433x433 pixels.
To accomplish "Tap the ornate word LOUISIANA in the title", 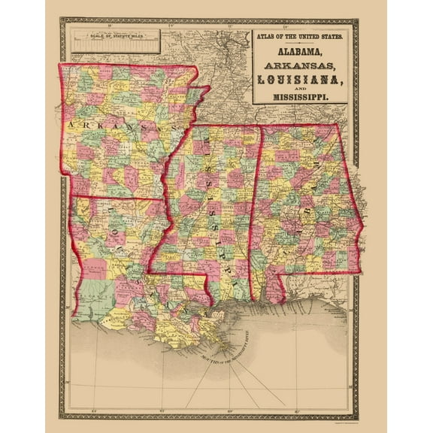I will tap(299, 79).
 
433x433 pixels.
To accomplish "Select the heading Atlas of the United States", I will tap(299, 36).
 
